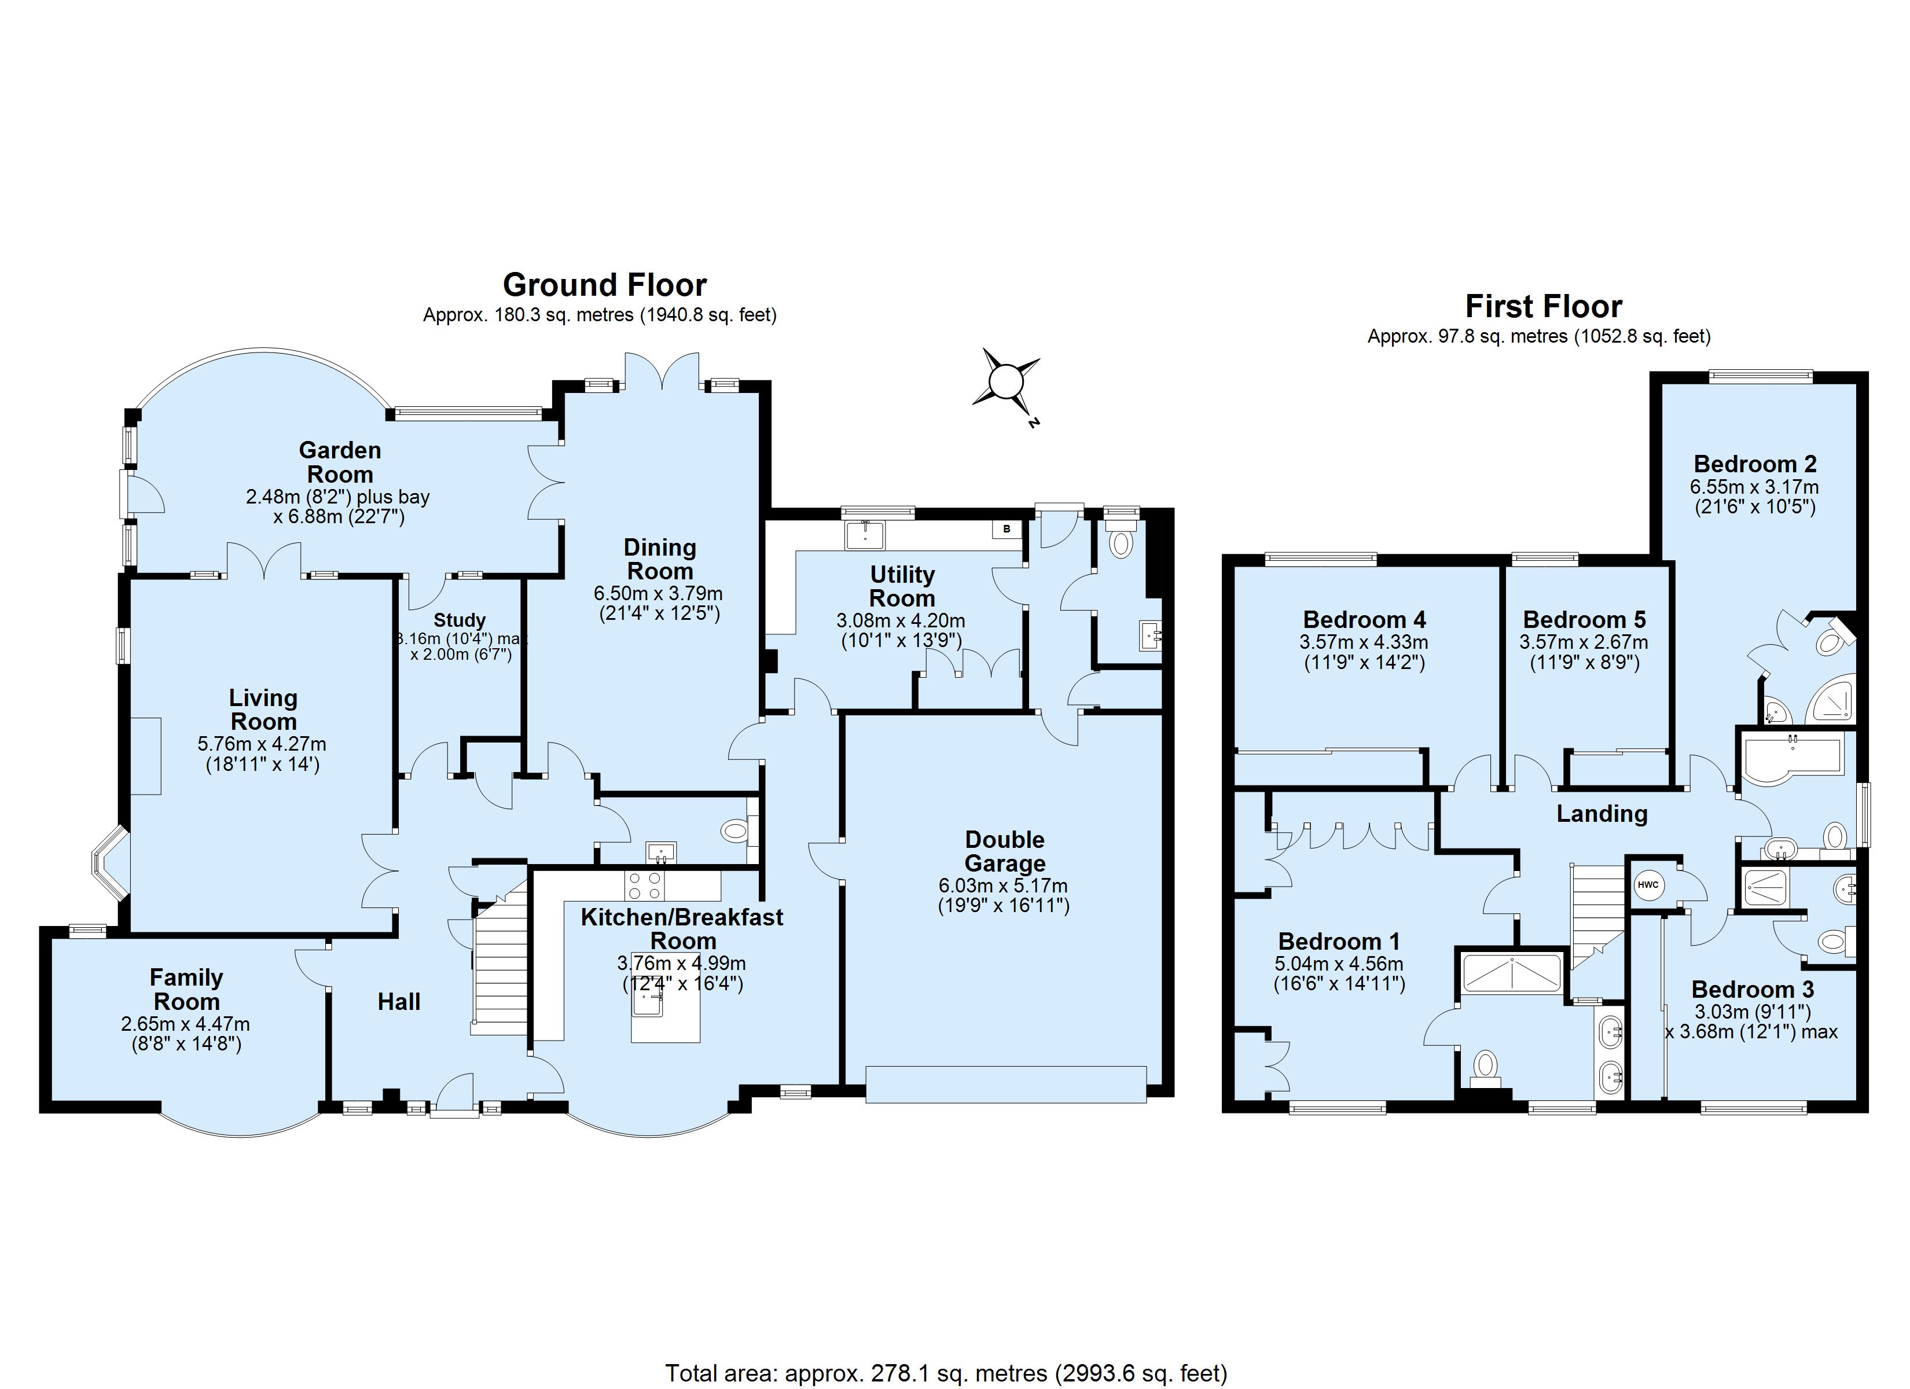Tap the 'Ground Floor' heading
[605, 285]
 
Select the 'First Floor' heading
[1544, 306]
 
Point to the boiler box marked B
[1007, 529]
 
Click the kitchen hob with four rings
[644, 884]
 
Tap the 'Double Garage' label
[1005, 851]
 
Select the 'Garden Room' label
[339, 462]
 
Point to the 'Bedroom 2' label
[1755, 463]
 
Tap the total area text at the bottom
[946, 1373]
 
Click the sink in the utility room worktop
[864, 535]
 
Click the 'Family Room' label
[186, 990]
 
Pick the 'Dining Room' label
[659, 559]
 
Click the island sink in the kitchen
[650, 1002]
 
